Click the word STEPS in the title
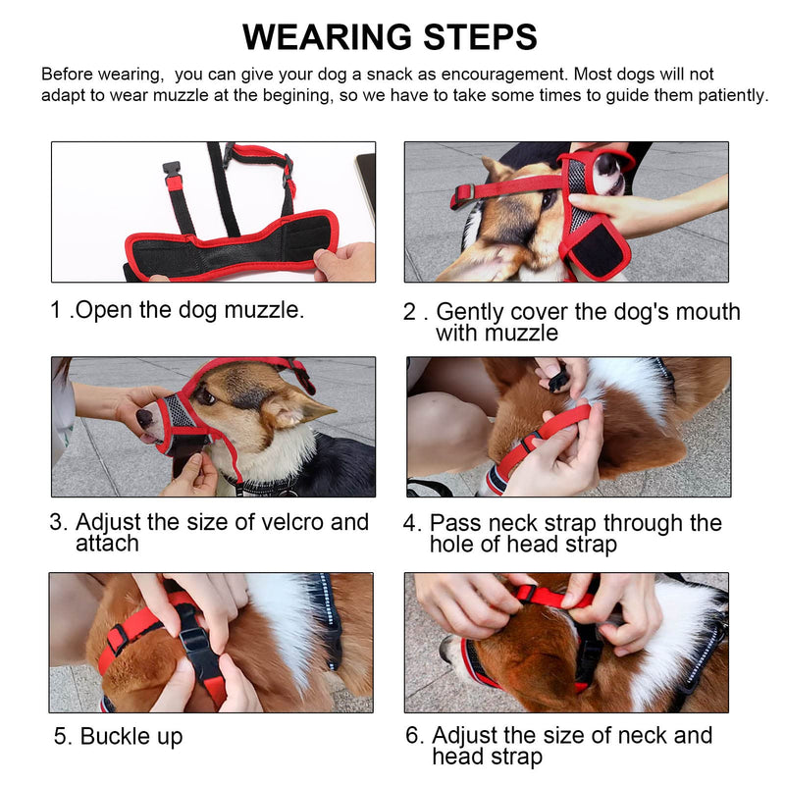point(481,37)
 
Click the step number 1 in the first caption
point(56,309)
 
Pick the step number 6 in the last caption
point(414,735)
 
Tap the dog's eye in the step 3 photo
point(205,397)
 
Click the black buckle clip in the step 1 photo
point(171,169)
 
